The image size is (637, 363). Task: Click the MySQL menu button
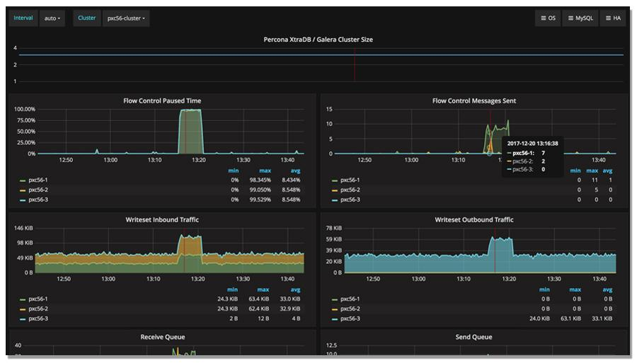[580, 18]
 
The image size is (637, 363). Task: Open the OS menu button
[548, 18]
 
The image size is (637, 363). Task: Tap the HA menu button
[613, 18]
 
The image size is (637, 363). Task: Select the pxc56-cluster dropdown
[126, 18]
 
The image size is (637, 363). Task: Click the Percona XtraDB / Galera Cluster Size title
[318, 40]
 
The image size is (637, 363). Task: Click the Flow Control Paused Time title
[162, 101]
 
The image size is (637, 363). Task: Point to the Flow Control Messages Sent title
[474, 101]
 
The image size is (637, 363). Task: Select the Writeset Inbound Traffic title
[162, 220]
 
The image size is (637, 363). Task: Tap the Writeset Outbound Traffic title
[474, 220]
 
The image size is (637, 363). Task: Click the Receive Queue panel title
[162, 338]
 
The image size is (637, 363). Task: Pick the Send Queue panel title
[474, 338]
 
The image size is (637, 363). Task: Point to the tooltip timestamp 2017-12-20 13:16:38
[532, 144]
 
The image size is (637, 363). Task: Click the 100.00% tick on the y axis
[24, 110]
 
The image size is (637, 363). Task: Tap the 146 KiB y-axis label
[24, 229]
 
